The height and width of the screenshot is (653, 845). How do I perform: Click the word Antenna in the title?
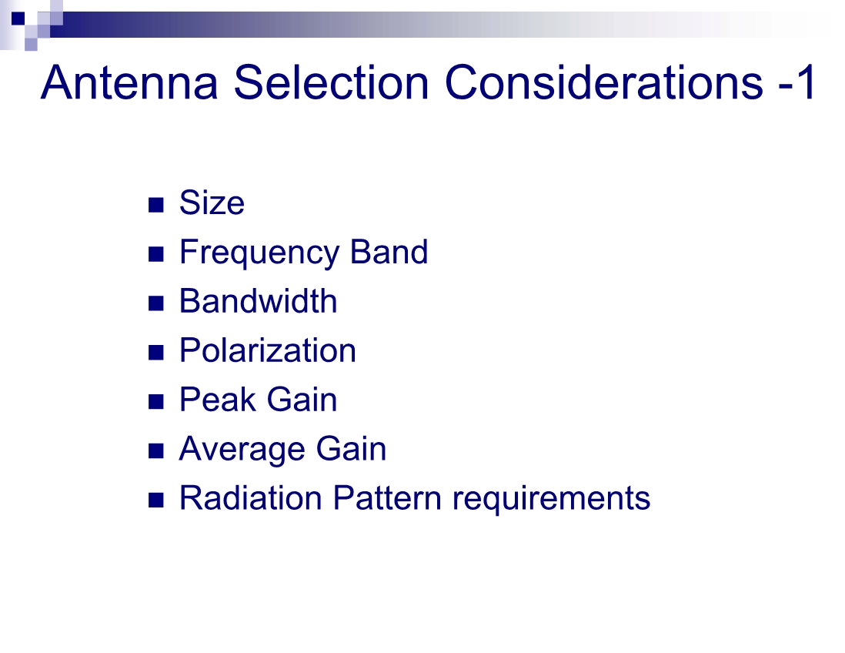tap(129, 82)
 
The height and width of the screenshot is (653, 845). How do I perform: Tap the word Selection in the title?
tap(332, 82)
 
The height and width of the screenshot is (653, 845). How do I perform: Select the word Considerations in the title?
tap(604, 82)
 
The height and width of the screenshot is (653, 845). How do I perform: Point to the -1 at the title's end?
tap(797, 82)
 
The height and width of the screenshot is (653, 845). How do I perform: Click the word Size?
tap(212, 203)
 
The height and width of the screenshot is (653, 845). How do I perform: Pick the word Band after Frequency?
tap(389, 252)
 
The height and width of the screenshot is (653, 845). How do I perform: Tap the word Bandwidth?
tap(258, 301)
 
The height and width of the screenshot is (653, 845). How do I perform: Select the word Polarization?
tap(268, 350)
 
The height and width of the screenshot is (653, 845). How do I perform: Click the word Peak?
tap(218, 400)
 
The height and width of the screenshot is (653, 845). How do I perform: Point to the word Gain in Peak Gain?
tap(302, 400)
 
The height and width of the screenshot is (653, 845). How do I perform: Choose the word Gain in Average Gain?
tap(351, 449)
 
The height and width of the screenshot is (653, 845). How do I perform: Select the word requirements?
tap(551, 499)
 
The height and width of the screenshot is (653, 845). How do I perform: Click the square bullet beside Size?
tap(155, 205)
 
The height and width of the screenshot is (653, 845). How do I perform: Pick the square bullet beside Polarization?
tap(155, 353)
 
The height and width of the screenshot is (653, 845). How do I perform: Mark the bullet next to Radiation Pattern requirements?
tap(155, 501)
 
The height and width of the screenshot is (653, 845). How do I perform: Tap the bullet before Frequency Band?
tap(155, 254)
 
